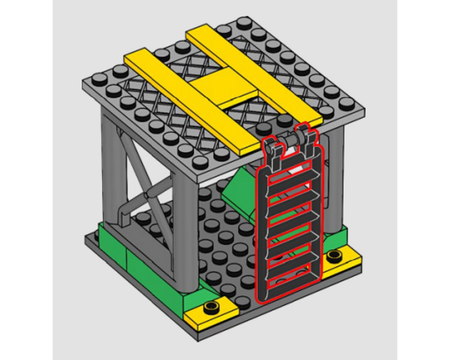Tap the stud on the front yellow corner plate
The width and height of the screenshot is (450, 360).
210,308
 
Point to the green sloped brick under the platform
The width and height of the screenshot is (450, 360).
238,189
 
